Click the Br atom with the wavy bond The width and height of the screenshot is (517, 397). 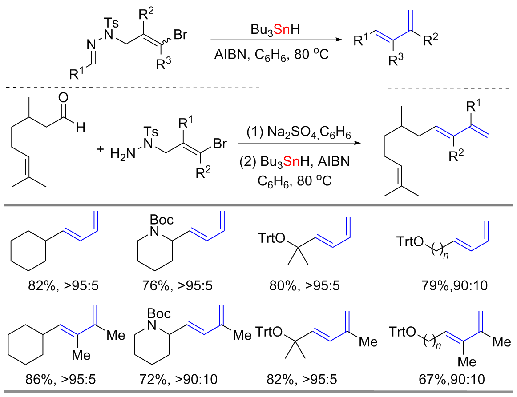pyautogui.click(x=180, y=36)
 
